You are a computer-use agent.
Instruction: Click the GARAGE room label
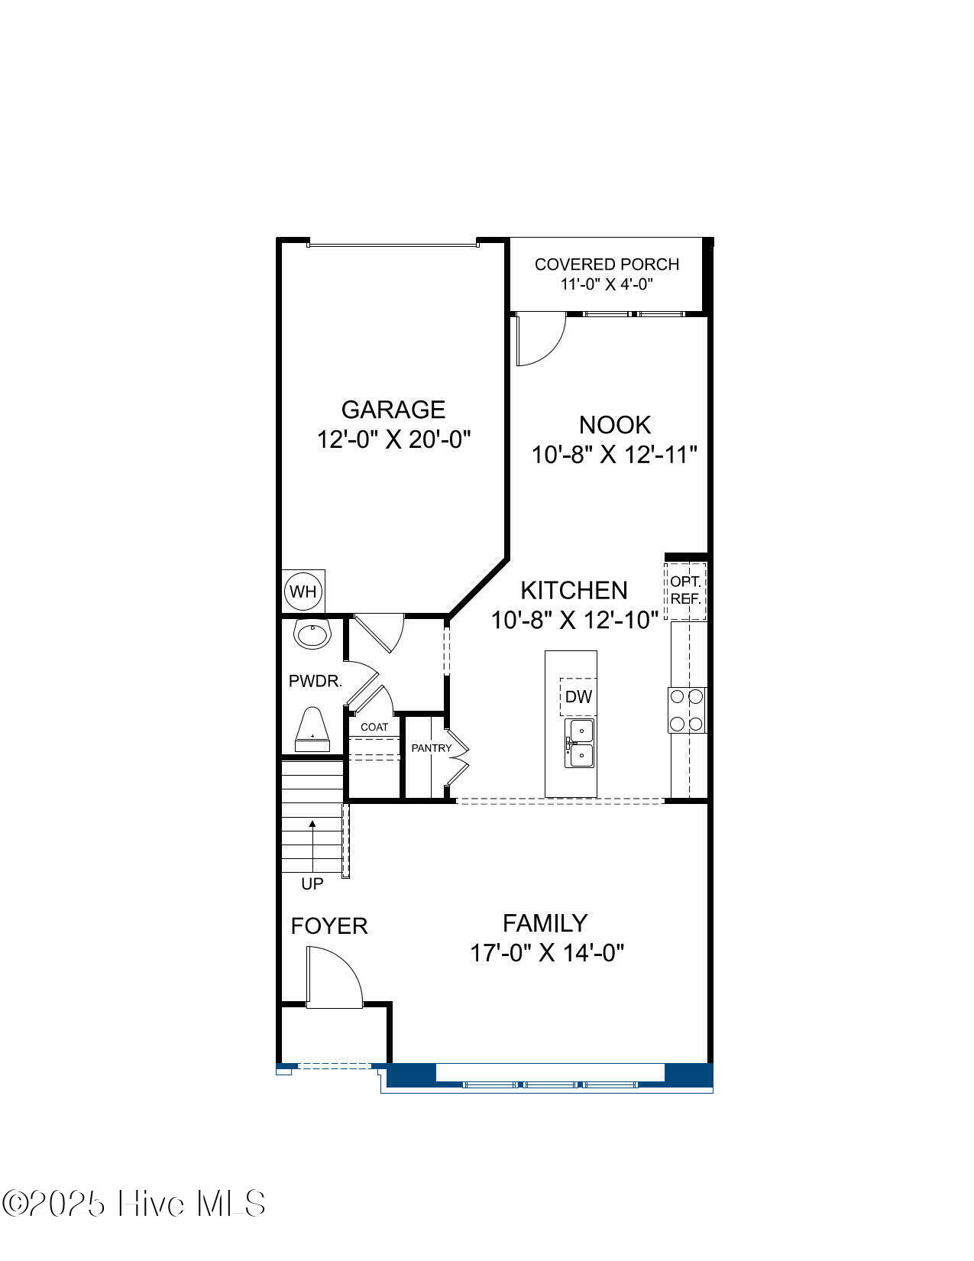pyautogui.click(x=393, y=410)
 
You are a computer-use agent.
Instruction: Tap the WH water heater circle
pyautogui.click(x=303, y=592)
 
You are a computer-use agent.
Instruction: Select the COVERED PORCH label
pyautogui.click(x=607, y=264)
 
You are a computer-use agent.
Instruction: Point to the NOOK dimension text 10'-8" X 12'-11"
pyautogui.click(x=614, y=455)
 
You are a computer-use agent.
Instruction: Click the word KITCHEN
pyautogui.click(x=574, y=590)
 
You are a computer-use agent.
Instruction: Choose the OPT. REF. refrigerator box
pyautogui.click(x=686, y=590)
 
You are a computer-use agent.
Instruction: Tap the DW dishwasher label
pyautogui.click(x=578, y=696)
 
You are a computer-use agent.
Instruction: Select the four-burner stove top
pyautogui.click(x=688, y=710)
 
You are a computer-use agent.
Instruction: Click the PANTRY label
pyautogui.click(x=431, y=748)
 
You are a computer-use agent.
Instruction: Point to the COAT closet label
pyautogui.click(x=374, y=727)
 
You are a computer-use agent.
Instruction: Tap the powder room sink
pyautogui.click(x=312, y=634)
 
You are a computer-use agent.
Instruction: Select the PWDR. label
pyautogui.click(x=315, y=681)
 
